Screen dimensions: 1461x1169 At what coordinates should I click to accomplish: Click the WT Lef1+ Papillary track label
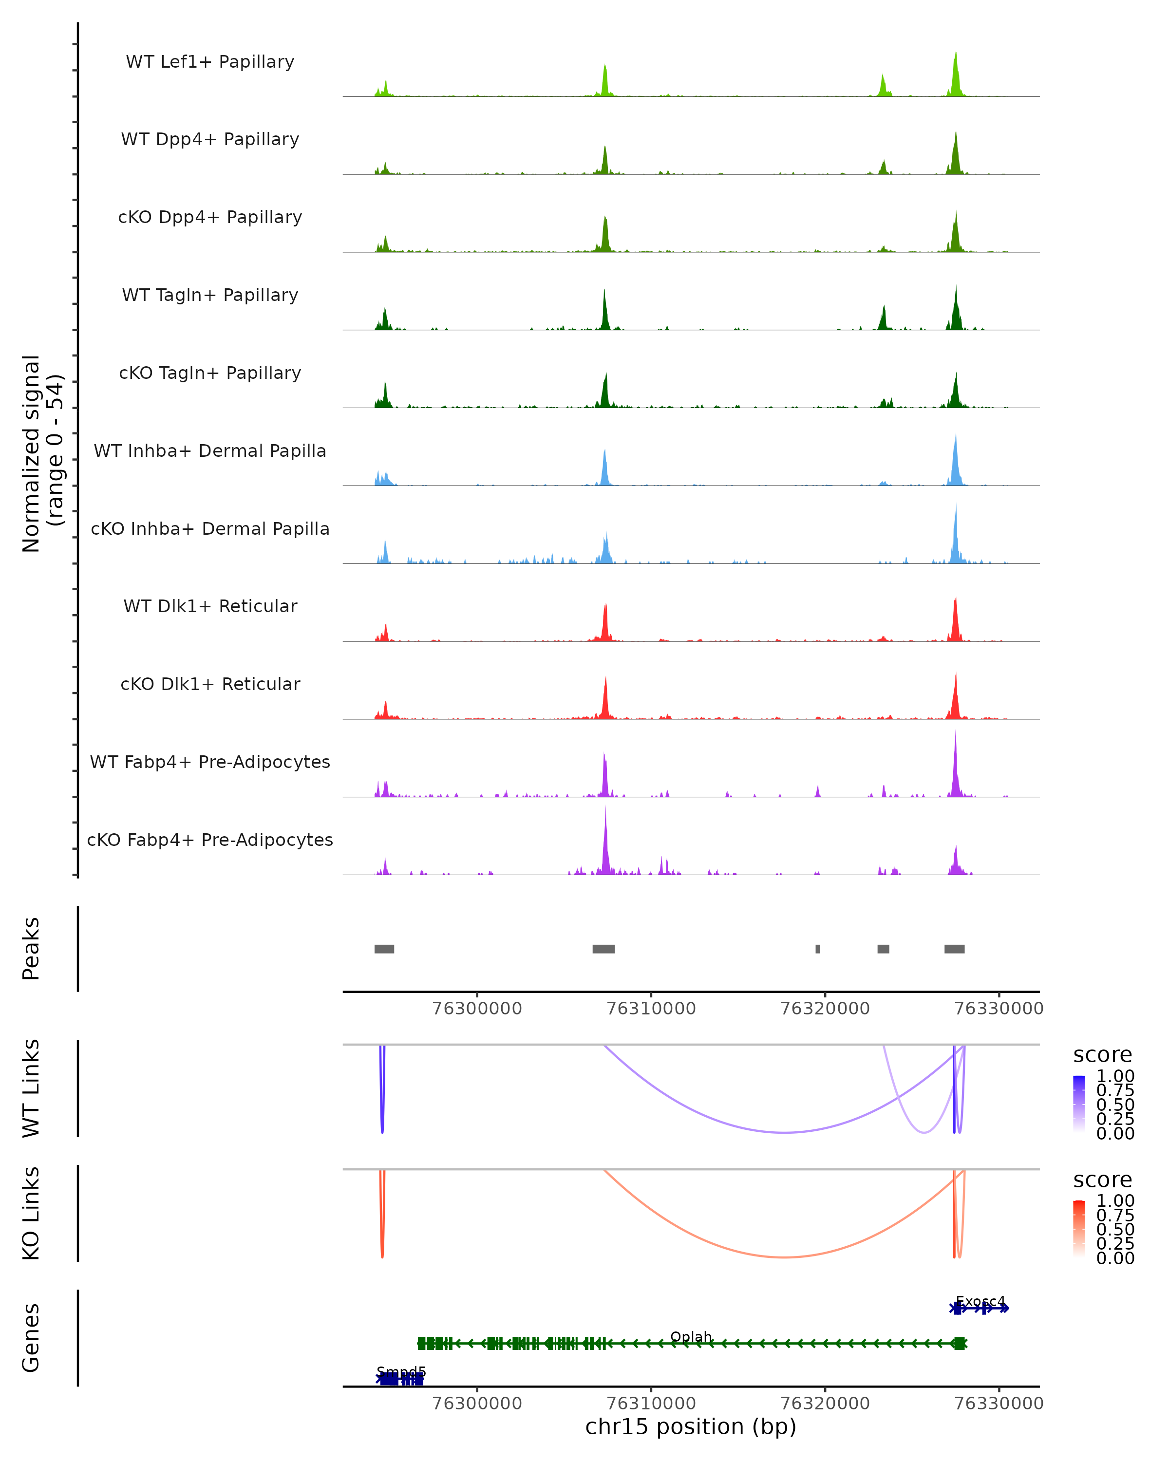coord(210,62)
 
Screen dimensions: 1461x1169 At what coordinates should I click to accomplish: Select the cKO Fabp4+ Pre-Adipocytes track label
coord(210,840)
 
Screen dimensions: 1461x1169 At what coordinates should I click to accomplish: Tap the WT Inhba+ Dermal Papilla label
coord(210,450)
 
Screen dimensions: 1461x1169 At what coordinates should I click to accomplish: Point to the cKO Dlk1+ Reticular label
coord(210,684)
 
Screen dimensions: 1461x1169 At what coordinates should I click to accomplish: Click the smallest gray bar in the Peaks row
coord(818,949)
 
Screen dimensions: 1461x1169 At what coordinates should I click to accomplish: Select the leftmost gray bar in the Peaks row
coord(384,949)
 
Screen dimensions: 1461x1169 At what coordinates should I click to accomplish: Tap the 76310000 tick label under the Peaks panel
coord(651,1009)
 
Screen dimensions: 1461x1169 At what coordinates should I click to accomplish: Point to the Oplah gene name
coord(691,1337)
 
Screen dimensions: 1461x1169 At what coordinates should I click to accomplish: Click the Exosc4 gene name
coord(980,1302)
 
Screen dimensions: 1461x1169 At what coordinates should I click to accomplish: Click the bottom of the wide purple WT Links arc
coord(785,1132)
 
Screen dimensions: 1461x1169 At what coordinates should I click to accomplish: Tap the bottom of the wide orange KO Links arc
coord(784,1257)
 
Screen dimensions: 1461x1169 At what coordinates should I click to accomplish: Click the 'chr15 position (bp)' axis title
coord(691,1426)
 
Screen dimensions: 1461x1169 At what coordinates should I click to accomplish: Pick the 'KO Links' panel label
coord(31,1213)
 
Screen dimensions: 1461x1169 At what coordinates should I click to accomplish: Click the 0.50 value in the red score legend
coord(1115,1229)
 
